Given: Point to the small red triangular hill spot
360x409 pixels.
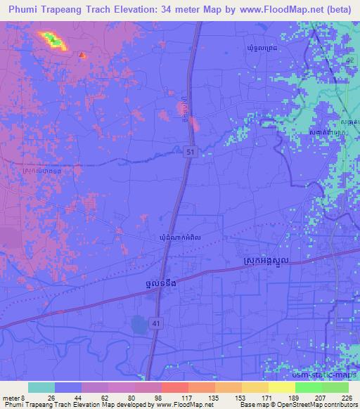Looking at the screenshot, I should click(x=82, y=54).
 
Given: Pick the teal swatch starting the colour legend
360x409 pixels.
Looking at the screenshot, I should click(x=41, y=387).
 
